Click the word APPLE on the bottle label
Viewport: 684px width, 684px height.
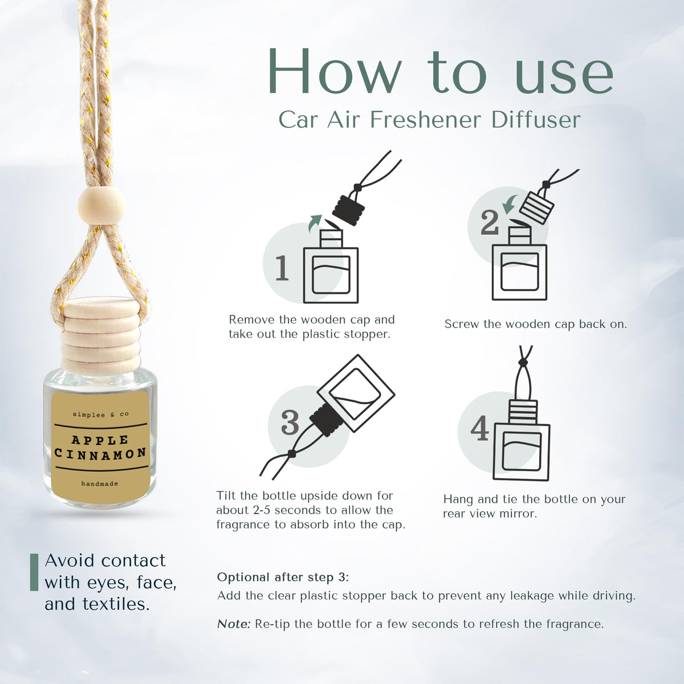[100, 441]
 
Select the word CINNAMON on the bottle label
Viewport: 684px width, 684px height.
[100, 454]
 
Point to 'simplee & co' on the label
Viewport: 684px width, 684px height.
[101, 414]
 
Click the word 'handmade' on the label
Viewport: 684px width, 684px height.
[100, 483]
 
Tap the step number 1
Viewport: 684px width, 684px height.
[282, 268]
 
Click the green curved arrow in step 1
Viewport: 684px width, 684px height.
[314, 223]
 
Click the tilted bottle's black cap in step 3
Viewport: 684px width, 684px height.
[326, 421]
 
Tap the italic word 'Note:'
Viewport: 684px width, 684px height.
[234, 624]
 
